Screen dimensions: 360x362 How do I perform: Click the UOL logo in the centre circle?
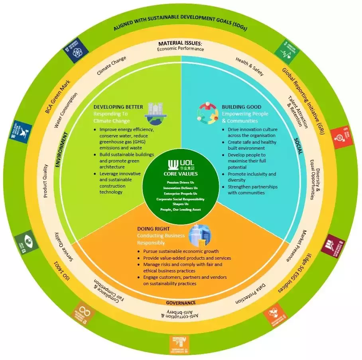pyautogui.click(x=180, y=165)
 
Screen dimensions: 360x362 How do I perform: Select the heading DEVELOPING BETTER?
pyautogui.click(x=118, y=107)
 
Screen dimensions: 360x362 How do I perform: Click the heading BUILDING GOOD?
pyautogui.click(x=242, y=107)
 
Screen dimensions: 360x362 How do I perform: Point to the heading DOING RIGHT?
pyautogui.click(x=153, y=229)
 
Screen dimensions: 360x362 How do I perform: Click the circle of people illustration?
pyautogui.click(x=207, y=113)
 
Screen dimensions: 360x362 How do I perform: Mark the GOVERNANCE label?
pyautogui.click(x=181, y=303)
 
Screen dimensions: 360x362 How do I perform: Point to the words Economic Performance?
pyautogui.click(x=180, y=49)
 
